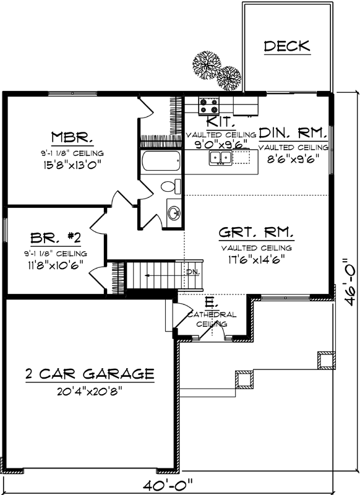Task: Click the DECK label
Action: point(286,46)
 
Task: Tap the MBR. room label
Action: point(72,137)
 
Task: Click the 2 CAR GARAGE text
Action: point(89,374)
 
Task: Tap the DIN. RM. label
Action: point(293,132)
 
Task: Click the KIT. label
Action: point(220,121)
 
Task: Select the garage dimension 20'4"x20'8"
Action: point(89,390)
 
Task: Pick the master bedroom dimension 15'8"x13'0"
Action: point(72,164)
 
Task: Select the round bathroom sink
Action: point(174,213)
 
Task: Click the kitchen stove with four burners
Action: point(207,106)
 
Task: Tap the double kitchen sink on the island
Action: point(221,159)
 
